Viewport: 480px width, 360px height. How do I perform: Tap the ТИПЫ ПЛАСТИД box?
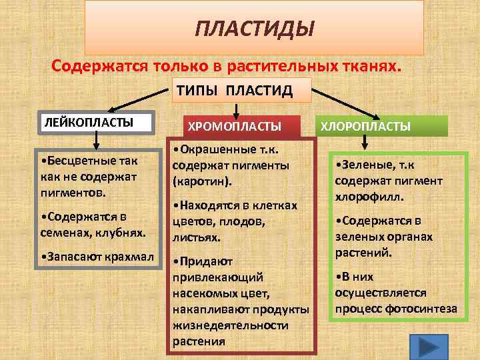coord(234,91)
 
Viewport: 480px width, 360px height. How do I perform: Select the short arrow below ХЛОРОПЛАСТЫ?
coord(365,143)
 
